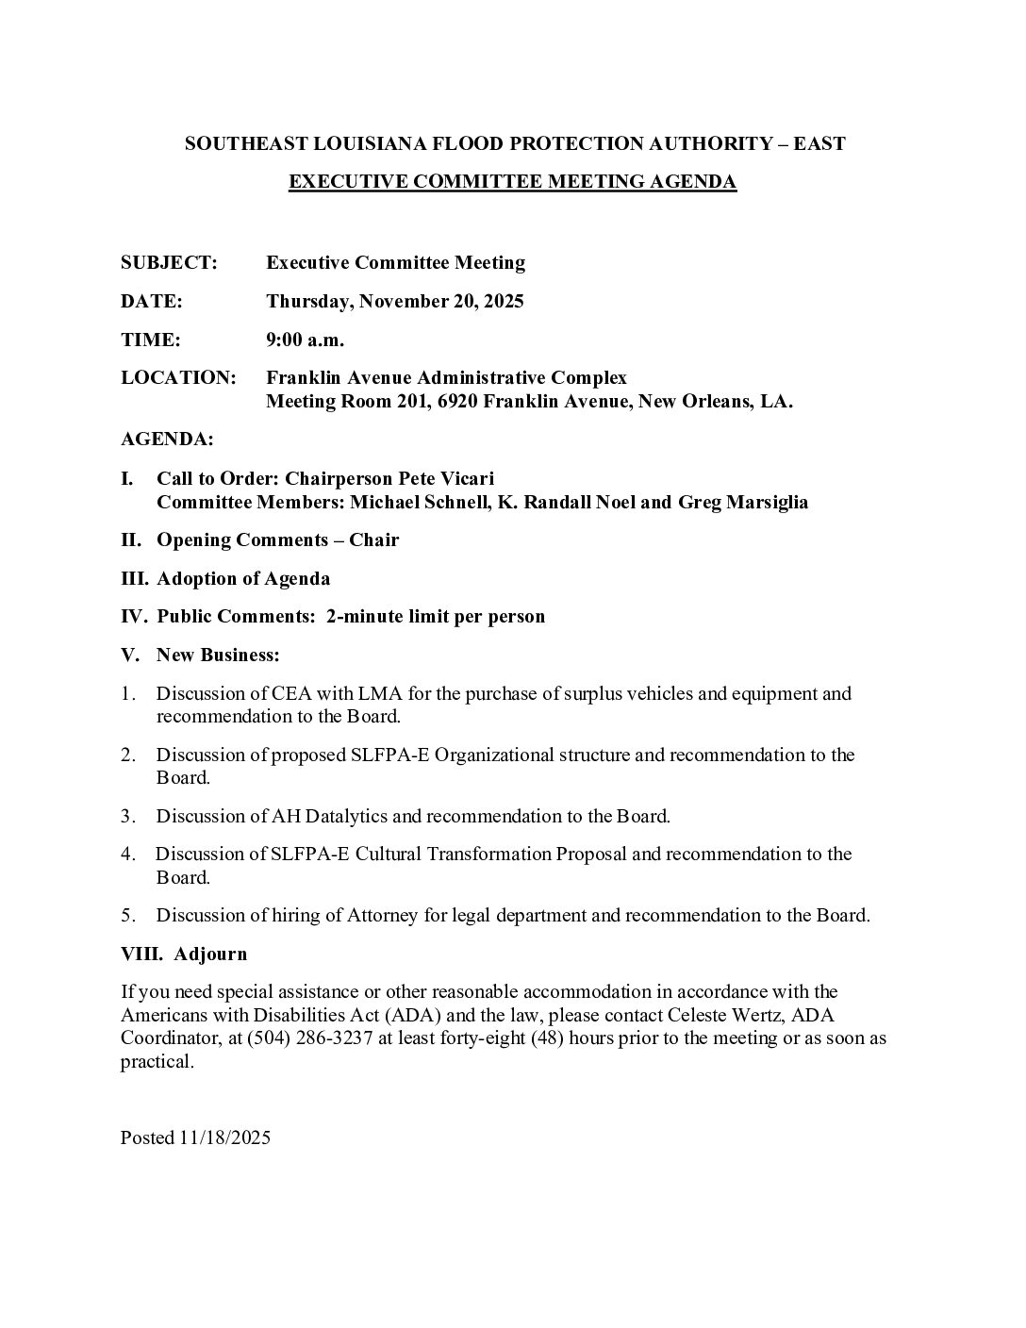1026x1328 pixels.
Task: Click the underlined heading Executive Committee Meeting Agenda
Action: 512,182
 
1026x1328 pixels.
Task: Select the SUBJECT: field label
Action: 169,263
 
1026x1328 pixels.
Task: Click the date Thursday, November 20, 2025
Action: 395,302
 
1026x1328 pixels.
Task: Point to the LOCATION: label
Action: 178,378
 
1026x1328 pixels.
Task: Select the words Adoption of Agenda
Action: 243,578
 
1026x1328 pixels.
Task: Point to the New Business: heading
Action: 218,655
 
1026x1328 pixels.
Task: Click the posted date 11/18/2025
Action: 224,1138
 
